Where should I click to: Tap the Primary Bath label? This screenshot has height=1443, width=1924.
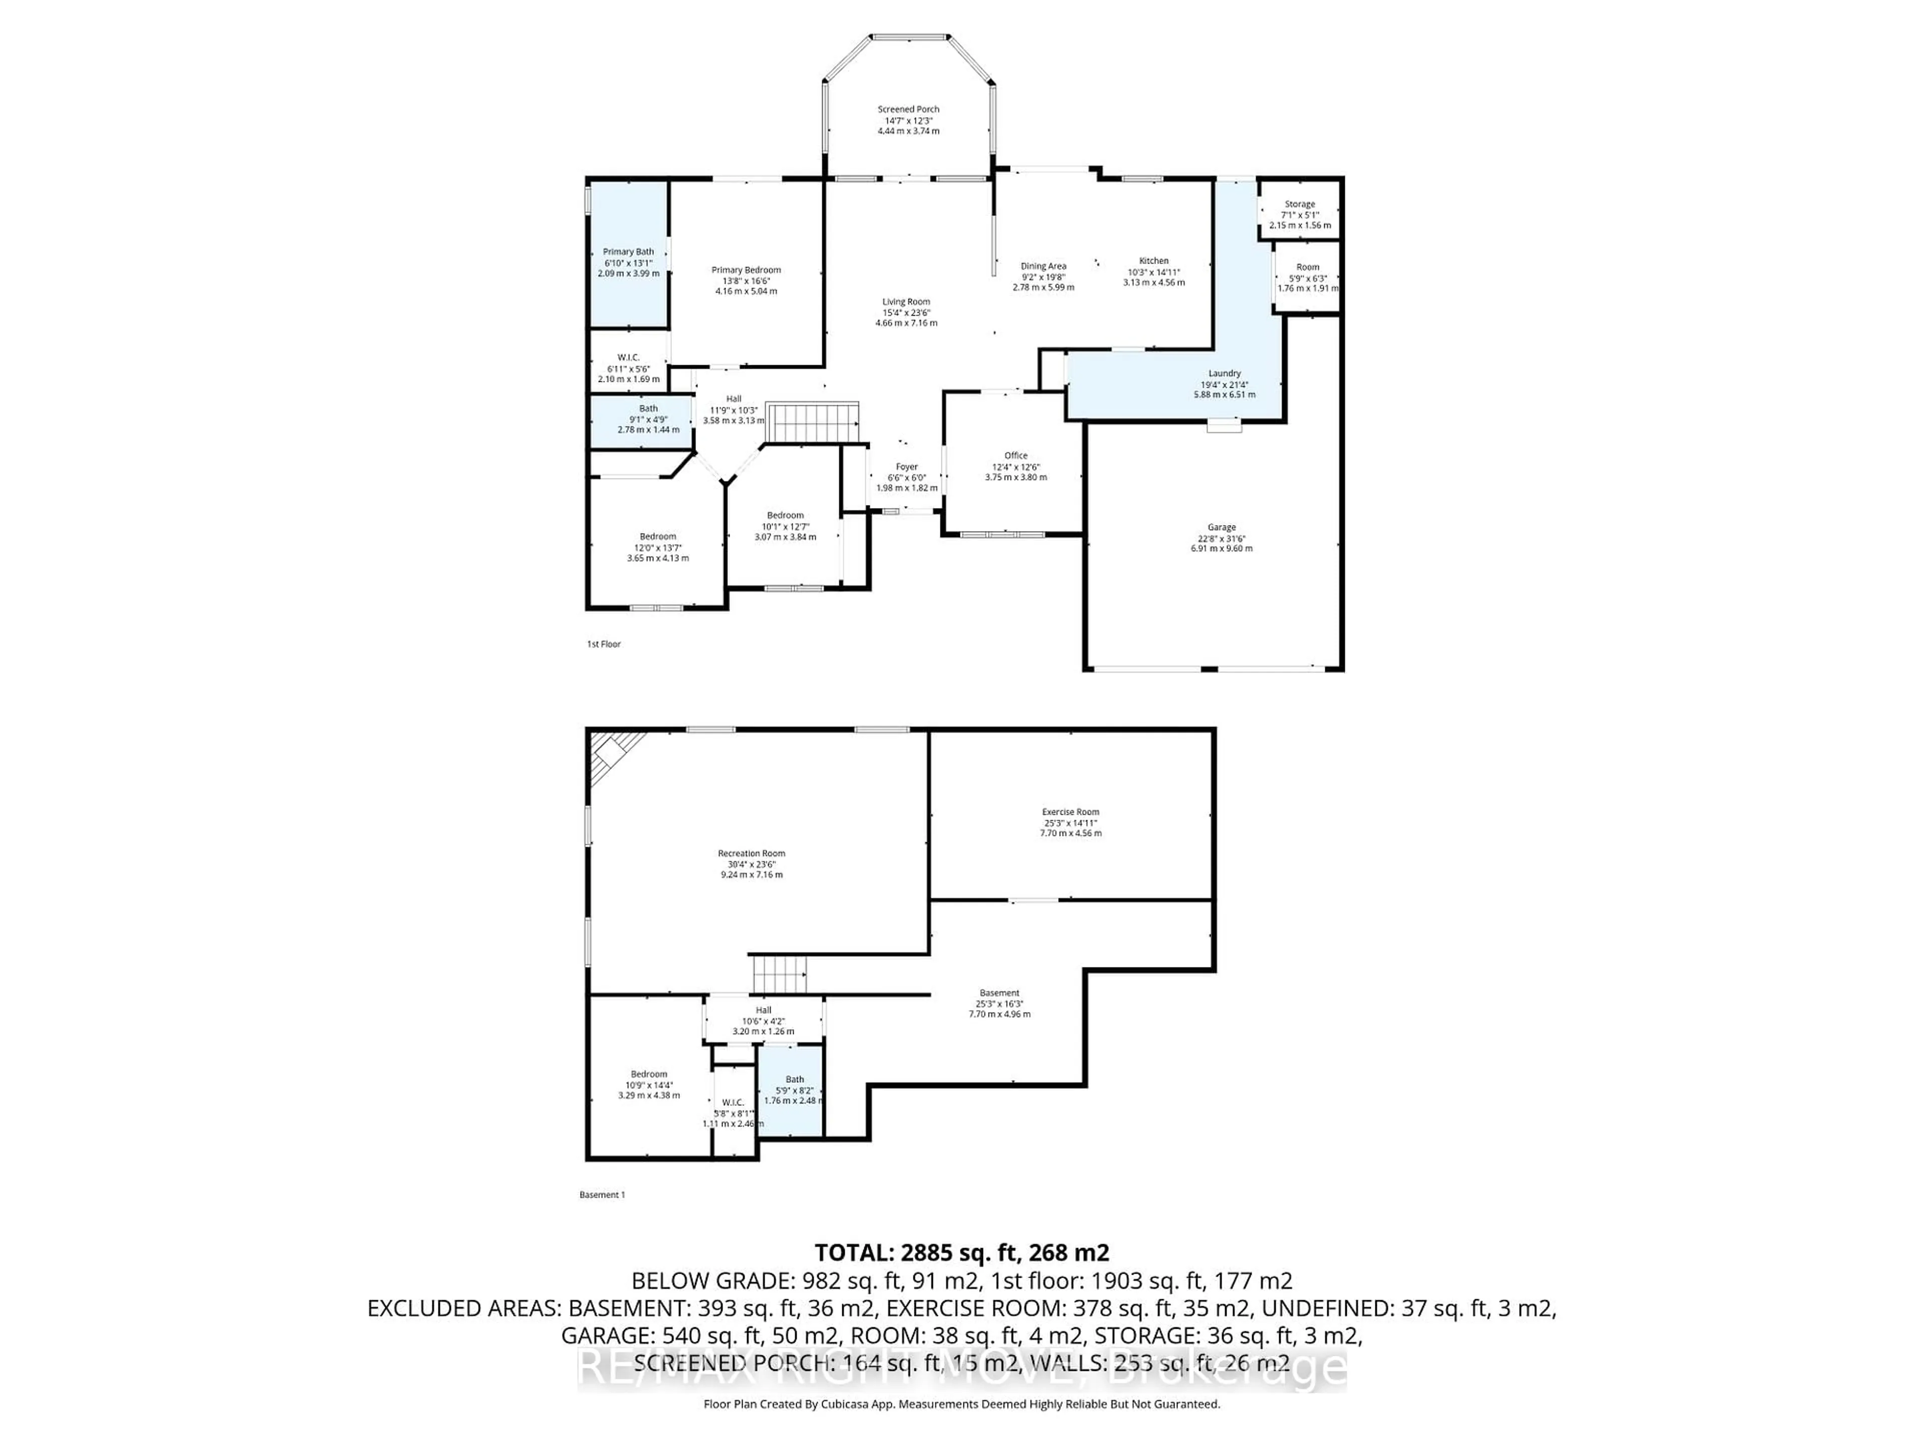coord(628,252)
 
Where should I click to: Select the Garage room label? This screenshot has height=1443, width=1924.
coord(1221,527)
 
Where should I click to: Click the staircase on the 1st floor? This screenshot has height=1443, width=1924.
coord(812,423)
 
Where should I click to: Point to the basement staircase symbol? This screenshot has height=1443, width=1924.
coord(779,974)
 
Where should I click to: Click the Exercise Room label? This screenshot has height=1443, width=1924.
coord(1071,812)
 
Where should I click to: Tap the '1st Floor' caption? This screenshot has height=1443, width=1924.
coord(604,644)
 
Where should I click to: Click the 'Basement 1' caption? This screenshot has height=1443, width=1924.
coord(602,1195)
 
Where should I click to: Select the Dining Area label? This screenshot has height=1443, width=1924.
coord(1043,266)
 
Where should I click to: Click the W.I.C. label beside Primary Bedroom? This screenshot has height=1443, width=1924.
coord(628,357)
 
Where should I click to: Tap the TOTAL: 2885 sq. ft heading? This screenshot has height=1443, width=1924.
coord(961,1253)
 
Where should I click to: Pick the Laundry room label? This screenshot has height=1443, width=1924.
coord(1225,373)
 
